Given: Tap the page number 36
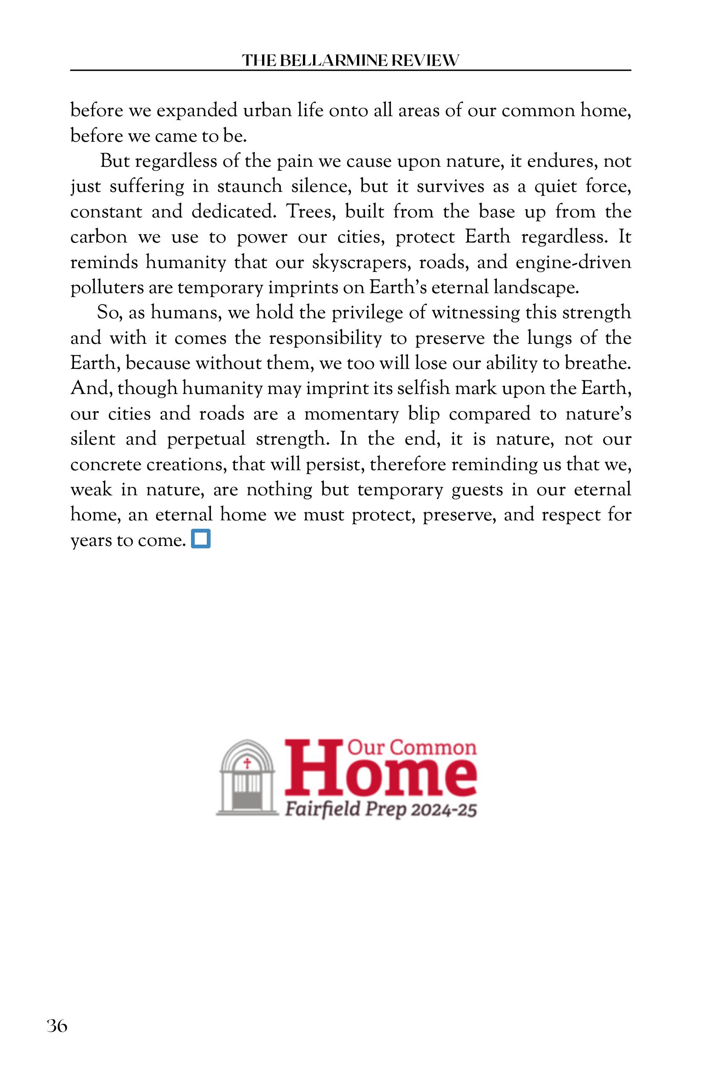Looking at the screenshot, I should point(57,1026).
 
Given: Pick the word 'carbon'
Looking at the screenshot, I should point(98,237).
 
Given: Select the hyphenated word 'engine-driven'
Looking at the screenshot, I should point(573,263).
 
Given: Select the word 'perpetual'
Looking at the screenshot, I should point(206,440).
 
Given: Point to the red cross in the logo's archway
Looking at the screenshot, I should point(248,763).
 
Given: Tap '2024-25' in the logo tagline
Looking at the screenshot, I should point(443,810).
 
